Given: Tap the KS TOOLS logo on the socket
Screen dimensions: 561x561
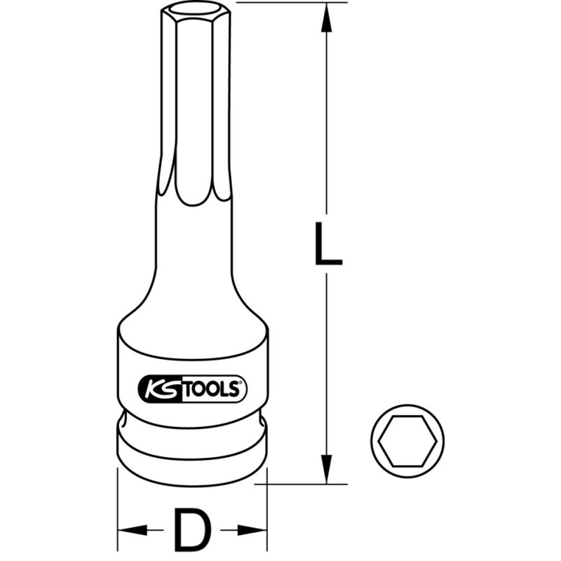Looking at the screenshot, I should point(191,388).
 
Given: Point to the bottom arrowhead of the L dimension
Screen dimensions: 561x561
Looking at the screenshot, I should point(327,470).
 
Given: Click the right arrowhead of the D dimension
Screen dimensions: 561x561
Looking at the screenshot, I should point(255,528).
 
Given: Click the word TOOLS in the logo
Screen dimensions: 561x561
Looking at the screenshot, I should point(210,388).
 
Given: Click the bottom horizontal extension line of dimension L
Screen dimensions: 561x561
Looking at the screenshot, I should point(302,483).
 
